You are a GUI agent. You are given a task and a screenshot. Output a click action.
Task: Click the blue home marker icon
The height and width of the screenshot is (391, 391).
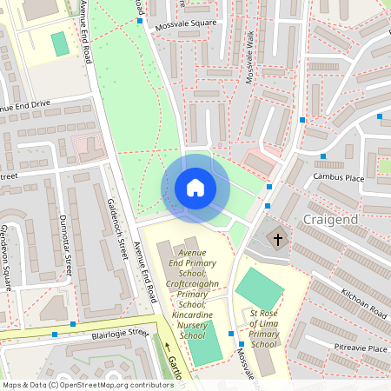point(195,188)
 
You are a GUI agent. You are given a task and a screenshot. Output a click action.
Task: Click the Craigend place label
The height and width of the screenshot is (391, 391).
point(331,221)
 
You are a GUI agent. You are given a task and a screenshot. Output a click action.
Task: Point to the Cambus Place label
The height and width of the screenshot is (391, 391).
point(338,177)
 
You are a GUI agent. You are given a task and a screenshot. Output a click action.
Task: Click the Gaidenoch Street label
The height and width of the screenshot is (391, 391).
point(116,218)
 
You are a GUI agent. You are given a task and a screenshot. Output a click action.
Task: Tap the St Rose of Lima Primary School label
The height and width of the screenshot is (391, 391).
point(263,328)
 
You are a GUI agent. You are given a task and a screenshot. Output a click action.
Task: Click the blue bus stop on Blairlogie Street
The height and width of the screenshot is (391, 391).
point(55,334)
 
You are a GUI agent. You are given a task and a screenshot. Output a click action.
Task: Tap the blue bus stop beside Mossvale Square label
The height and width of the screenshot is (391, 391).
point(140,21)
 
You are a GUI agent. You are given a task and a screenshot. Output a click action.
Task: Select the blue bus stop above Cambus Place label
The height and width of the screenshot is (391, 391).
point(323,156)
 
